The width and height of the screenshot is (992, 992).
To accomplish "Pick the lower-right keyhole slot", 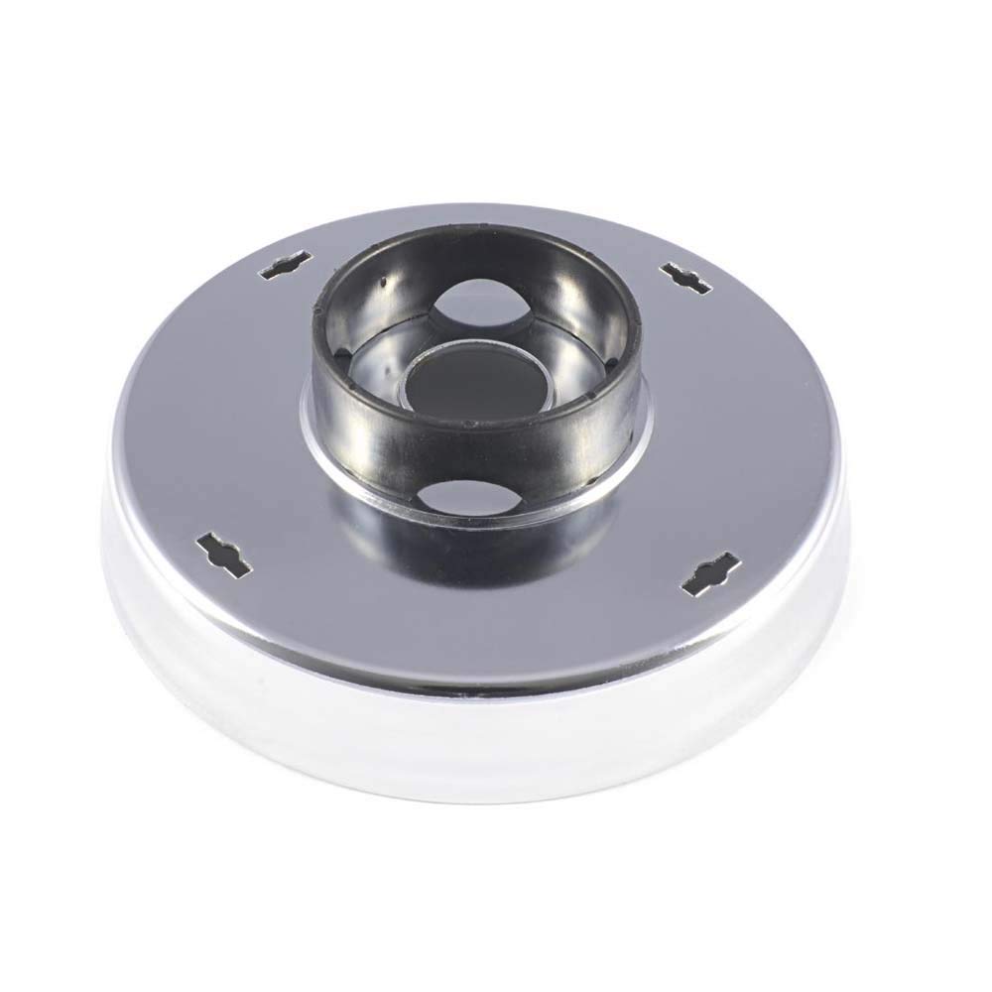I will [711, 578].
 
